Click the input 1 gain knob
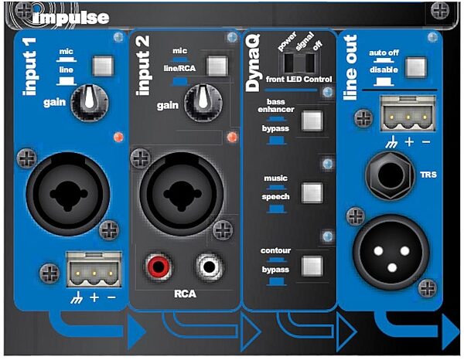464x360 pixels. (x=90, y=102)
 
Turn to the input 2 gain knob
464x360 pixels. (x=203, y=102)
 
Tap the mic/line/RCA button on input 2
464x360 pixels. (x=217, y=66)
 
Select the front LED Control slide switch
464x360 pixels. (x=299, y=63)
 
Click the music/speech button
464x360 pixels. (x=312, y=192)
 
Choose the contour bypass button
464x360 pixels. (x=312, y=266)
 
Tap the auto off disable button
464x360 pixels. (x=416, y=67)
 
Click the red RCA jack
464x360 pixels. (x=158, y=267)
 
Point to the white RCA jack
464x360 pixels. (x=210, y=267)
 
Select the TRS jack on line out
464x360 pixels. (x=391, y=175)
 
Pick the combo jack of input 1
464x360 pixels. (x=68, y=194)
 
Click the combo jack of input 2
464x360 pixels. (x=182, y=194)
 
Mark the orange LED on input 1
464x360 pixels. (x=118, y=137)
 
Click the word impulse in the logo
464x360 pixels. (x=71, y=19)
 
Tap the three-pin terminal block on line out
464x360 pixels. (x=408, y=114)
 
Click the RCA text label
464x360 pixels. (x=186, y=294)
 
